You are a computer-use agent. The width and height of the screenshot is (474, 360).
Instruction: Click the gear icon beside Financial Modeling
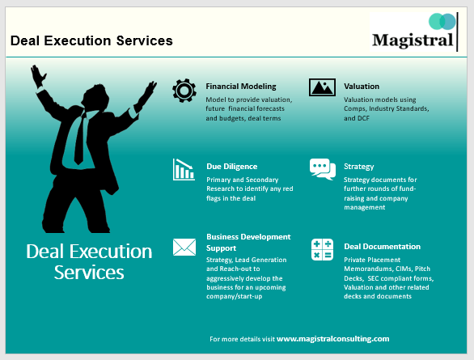[184, 90]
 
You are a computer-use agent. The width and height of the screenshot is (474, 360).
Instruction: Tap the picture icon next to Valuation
[322, 87]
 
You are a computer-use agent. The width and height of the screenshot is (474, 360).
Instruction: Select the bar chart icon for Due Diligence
[184, 169]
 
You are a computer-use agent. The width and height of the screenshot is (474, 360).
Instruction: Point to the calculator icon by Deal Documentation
[322, 249]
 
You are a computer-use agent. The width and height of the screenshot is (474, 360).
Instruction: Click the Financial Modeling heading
[241, 86]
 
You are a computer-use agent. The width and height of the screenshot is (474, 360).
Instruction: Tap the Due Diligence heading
[231, 167]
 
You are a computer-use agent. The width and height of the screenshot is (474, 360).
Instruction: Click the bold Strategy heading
[358, 167]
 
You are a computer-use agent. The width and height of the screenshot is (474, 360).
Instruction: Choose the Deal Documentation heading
[382, 246]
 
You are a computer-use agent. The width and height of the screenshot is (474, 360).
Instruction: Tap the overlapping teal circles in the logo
[442, 21]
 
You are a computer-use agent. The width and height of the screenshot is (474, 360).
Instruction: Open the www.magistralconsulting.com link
[332, 339]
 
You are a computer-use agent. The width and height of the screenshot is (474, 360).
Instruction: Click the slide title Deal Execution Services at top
[91, 40]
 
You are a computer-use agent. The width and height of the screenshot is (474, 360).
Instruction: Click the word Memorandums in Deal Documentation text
[367, 268]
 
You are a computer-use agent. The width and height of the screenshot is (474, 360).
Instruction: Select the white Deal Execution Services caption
[89, 261]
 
